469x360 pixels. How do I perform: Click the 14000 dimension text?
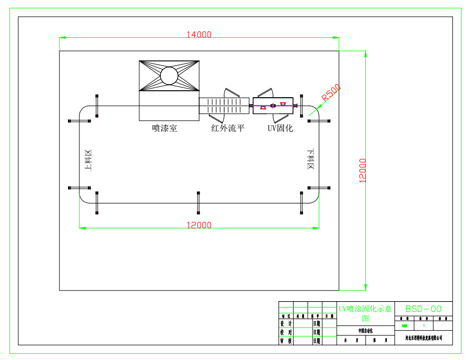pos(199,35)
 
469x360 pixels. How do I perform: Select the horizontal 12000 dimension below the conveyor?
pos(199,225)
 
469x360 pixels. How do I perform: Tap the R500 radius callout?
pos(331,93)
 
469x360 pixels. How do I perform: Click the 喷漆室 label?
pos(165,128)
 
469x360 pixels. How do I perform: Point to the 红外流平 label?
pos(228,128)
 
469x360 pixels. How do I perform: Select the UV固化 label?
pos(281,128)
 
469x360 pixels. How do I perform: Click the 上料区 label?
pos(89,161)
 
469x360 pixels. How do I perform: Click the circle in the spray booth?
pos(169,76)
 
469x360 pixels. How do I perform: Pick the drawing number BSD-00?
pos(423,309)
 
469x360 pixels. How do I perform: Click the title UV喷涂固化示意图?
pos(365,313)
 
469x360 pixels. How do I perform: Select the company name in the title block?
pos(423,338)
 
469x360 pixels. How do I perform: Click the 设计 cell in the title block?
pos(286,323)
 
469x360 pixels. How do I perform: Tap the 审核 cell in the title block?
pos(286,341)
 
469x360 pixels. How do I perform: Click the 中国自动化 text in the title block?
pos(365,330)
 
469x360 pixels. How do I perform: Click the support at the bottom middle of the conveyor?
pos(199,202)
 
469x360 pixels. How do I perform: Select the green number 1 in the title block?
pos(424,325)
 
